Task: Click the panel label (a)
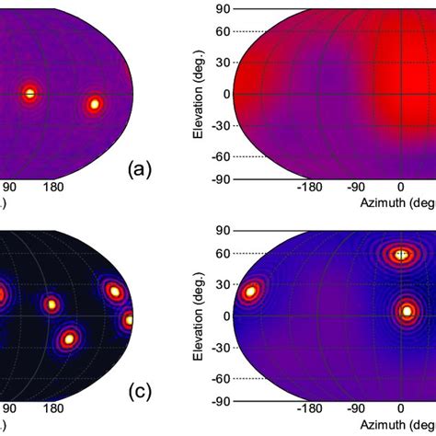pyautogui.click(x=138, y=168)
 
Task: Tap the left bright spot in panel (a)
pyautogui.click(x=29, y=93)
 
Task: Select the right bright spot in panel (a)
pyautogui.click(x=93, y=104)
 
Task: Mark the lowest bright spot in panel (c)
pyautogui.click(x=68, y=339)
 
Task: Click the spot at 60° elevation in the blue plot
pyautogui.click(x=400, y=255)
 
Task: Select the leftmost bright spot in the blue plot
pyautogui.click(x=250, y=293)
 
